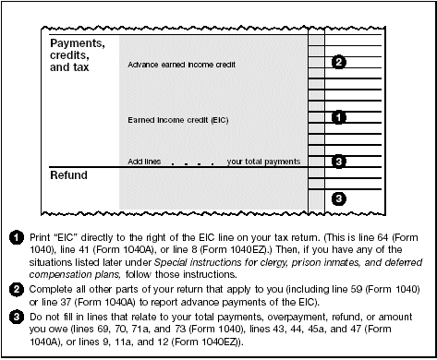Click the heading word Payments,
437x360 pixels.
(x=77, y=43)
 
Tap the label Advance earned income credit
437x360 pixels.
(x=182, y=66)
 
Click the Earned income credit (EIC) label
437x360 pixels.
(x=178, y=120)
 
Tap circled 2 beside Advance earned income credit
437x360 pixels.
(x=339, y=62)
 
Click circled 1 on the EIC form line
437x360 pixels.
(x=339, y=117)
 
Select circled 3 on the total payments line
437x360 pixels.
(x=339, y=162)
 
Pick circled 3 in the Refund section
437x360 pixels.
(x=339, y=198)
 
